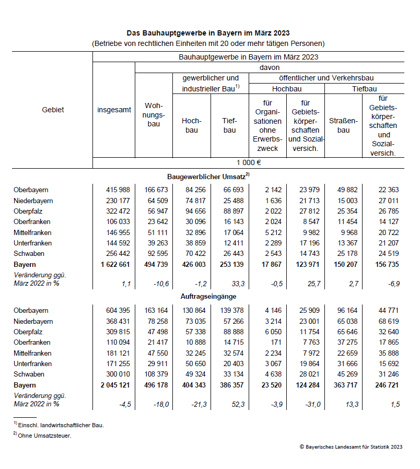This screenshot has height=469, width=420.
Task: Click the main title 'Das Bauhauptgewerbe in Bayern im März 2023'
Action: [x=208, y=32]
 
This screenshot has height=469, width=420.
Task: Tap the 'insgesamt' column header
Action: [x=114, y=110]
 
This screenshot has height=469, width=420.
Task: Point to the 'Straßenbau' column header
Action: [x=343, y=125]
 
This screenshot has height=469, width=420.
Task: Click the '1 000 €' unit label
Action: [x=248, y=162]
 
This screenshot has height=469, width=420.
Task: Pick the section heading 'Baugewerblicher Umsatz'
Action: [x=207, y=177]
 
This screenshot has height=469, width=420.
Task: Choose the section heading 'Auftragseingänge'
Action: [x=208, y=297]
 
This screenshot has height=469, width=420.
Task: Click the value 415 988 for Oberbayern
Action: [x=119, y=190]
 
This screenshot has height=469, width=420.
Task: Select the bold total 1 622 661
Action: [x=114, y=265]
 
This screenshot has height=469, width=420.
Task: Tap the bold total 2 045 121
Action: [x=114, y=385]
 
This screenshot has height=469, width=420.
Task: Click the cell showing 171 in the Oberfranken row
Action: [x=276, y=343]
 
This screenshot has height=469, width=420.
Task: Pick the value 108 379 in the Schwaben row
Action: [x=156, y=374]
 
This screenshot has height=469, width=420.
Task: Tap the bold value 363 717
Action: [x=344, y=385]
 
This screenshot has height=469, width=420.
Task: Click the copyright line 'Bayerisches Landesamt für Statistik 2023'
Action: [x=351, y=447]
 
